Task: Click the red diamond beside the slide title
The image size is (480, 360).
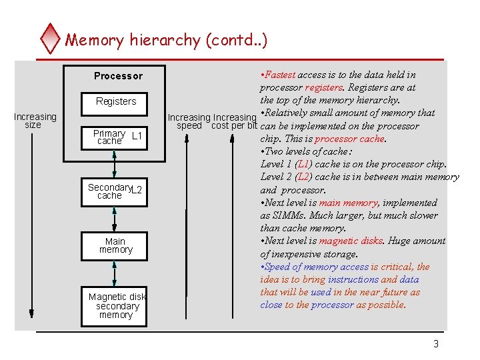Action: pos(50,39)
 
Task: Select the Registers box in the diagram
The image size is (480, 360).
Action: pos(116,101)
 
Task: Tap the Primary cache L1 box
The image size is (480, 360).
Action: pos(116,137)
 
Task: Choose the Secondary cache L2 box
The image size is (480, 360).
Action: pos(115,191)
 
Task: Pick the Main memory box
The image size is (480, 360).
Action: pos(115,245)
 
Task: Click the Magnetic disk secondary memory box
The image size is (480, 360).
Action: pos(115,305)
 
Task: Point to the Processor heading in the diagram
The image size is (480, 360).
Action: pos(118,76)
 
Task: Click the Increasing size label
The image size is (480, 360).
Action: pos(34,121)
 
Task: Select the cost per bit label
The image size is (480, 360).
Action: pos(234,126)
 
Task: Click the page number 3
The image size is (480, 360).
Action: pos(436,344)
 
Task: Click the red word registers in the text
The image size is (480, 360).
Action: pos(323,87)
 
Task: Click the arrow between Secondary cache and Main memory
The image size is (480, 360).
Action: pos(115,219)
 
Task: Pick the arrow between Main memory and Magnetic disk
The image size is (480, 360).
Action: pos(115,273)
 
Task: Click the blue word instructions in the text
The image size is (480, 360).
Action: pos(353,279)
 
